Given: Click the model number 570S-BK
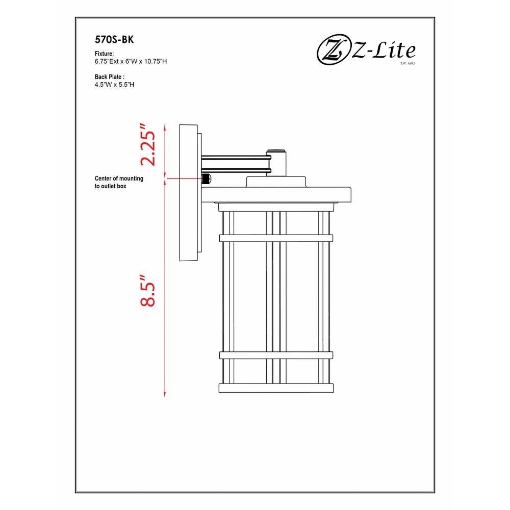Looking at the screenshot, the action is click(x=114, y=40).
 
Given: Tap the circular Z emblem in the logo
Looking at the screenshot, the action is click(x=332, y=52).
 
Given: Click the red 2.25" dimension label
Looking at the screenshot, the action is click(x=148, y=145).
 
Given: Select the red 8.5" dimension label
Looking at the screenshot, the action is click(x=148, y=291).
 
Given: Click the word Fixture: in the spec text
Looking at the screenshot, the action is click(x=104, y=54).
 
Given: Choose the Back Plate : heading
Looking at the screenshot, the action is click(x=110, y=77).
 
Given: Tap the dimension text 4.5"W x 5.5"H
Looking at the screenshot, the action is click(x=114, y=85).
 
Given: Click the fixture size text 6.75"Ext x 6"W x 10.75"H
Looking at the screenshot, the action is click(x=131, y=62).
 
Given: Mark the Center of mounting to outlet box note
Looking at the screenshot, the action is click(x=119, y=182).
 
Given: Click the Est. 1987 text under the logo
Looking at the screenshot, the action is click(x=408, y=63).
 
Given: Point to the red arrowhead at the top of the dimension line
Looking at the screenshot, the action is click(x=165, y=127).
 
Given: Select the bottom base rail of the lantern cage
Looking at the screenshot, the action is click(x=276, y=388).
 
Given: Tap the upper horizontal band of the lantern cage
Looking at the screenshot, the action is click(x=276, y=238).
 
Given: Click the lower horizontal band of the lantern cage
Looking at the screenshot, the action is click(x=276, y=355).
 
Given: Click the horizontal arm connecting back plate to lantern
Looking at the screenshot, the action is click(x=236, y=164).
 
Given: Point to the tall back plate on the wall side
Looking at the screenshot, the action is click(x=188, y=193).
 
